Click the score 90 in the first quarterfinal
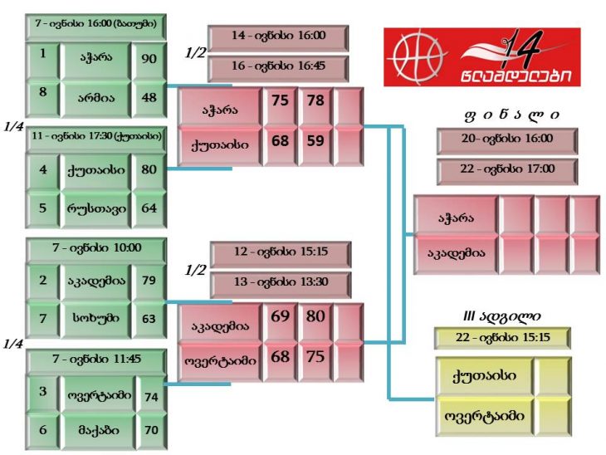pyautogui.click(x=149, y=60)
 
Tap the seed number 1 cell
pyautogui.click(x=42, y=60)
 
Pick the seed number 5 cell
pyautogui.click(x=42, y=208)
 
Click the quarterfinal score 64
pyautogui.click(x=149, y=208)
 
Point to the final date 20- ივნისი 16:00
pyautogui.click(x=507, y=139)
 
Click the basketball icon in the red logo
pyautogui.click(x=413, y=56)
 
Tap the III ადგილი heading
pyautogui.click(x=501, y=316)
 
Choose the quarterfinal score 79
pyautogui.click(x=149, y=280)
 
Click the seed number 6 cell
pyautogui.click(x=42, y=431)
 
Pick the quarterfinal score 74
pyautogui.click(x=151, y=396)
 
